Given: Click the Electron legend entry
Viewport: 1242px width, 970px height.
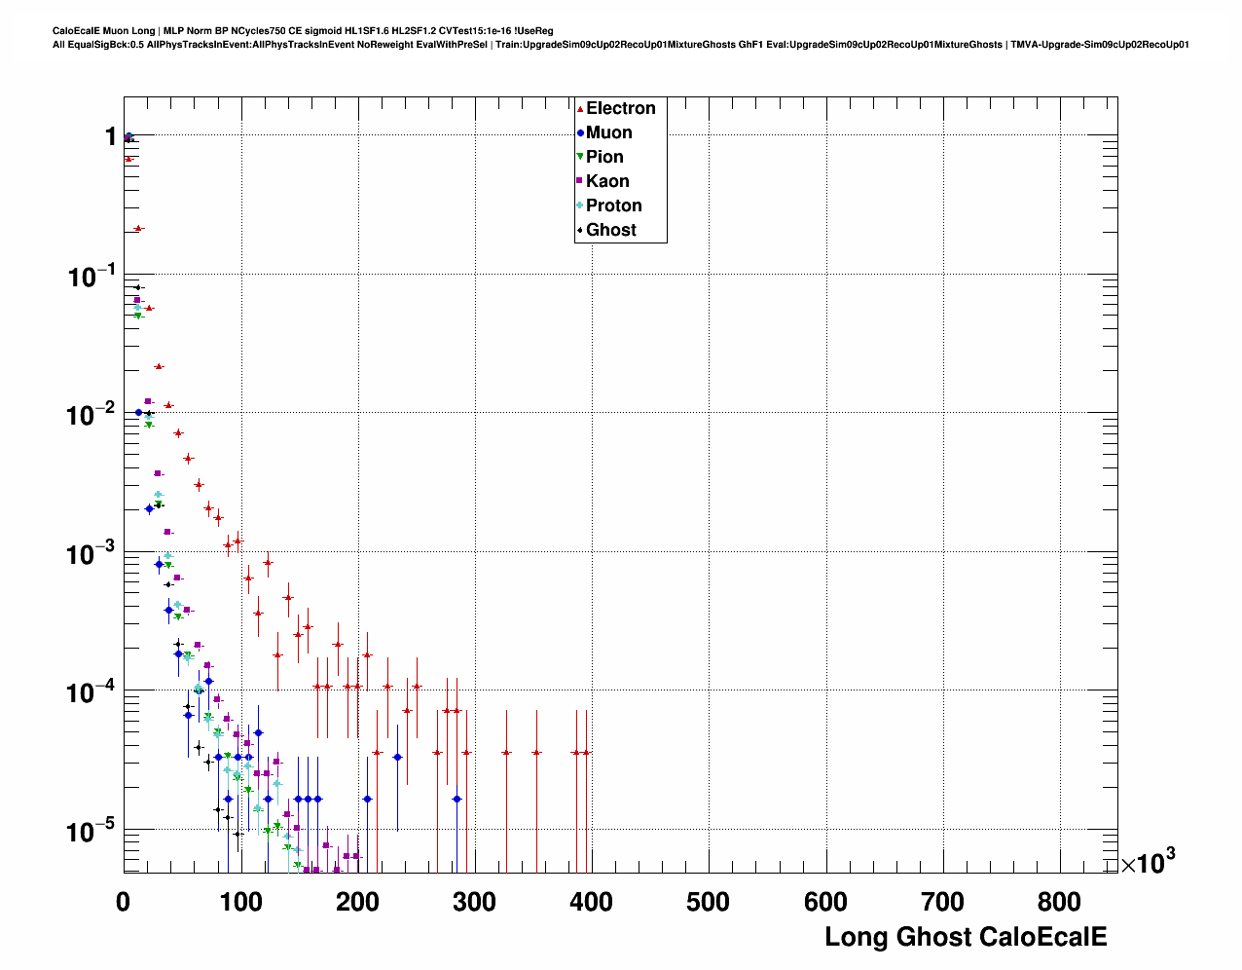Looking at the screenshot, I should pos(620,108).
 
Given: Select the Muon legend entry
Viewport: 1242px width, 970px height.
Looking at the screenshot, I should pos(608,132).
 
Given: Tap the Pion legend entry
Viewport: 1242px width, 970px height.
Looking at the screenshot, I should pos(604,157).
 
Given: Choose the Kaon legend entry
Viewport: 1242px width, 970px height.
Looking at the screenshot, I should pos(607,181).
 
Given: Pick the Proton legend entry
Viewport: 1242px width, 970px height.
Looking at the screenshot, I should pos(613,205).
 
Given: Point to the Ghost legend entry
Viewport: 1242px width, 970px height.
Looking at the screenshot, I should pos(610,230).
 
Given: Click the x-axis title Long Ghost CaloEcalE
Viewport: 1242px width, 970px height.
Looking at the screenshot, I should pos(966,937).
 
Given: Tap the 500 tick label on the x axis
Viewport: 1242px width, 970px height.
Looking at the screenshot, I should pos(709,903).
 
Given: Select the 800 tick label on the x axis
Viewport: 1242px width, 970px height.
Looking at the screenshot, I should pos(1060,903).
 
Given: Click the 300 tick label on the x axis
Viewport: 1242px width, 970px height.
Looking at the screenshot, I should pos(475,903).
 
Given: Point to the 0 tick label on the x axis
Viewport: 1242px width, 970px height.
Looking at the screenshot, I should pos(124,903).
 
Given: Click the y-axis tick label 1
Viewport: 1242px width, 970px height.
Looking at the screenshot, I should pos(111,136).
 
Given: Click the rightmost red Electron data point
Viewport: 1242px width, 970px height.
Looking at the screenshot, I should pos(586,753).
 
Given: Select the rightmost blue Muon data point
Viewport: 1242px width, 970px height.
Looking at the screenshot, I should pos(457,800).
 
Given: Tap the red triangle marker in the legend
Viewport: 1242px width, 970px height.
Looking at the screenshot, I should pos(580,109).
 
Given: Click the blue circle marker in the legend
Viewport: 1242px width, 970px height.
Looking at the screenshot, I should pos(580,133).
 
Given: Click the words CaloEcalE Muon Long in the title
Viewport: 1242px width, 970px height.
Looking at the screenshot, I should pos(103,31).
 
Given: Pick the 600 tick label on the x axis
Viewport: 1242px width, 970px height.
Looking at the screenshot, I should pos(825,903).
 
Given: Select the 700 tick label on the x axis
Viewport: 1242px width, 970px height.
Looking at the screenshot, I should pos(942,903).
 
